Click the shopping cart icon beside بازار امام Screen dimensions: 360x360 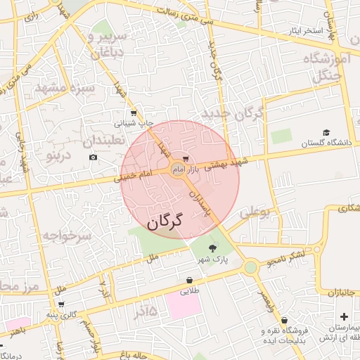pyautogui.click(x=186, y=159)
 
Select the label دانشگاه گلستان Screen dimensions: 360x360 pyautogui.click(x=325, y=143)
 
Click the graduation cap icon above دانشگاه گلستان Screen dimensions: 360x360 pyautogui.click(x=326, y=132)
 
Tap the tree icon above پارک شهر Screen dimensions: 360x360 pyautogui.click(x=213, y=247)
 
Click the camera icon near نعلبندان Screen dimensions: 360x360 pyautogui.click(x=94, y=157)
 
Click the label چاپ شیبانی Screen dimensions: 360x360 pyautogui.click(x=134, y=123)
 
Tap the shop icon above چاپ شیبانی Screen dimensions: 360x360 pyautogui.click(x=133, y=112)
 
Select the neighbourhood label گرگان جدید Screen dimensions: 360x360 pyautogui.click(x=232, y=112)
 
